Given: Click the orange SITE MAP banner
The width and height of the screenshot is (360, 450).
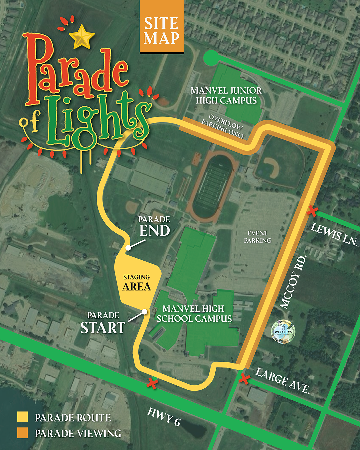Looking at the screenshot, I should [x=162, y=27].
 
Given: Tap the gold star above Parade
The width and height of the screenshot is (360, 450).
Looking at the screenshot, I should [x=82, y=37].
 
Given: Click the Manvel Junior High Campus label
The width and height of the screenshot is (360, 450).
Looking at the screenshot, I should [x=226, y=96].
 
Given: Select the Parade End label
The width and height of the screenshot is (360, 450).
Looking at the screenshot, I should [x=154, y=227].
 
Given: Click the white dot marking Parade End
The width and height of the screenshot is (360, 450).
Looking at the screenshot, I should [x=128, y=248].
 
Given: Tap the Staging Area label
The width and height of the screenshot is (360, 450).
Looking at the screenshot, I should [x=137, y=283].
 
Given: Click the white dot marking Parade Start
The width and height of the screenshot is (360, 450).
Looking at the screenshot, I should [x=144, y=312].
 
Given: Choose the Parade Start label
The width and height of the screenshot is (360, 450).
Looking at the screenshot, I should [x=103, y=323].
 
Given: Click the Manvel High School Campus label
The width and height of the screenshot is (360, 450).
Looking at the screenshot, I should [x=194, y=314].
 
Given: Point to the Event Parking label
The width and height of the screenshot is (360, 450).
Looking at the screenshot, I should [x=257, y=237].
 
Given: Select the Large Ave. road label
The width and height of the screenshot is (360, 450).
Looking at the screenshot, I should [x=283, y=381].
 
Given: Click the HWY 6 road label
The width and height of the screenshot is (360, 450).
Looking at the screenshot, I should [x=164, y=417].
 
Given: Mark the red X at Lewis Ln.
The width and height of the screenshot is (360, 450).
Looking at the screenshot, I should [x=312, y=211].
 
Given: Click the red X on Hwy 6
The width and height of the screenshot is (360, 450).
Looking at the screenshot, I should [x=152, y=383].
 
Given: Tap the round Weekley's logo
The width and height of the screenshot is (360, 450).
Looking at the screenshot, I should [x=283, y=331].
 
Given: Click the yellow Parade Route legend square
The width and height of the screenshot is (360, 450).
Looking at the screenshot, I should [x=23, y=417].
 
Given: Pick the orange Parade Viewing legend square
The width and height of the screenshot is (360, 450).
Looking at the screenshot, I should [x=23, y=433].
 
